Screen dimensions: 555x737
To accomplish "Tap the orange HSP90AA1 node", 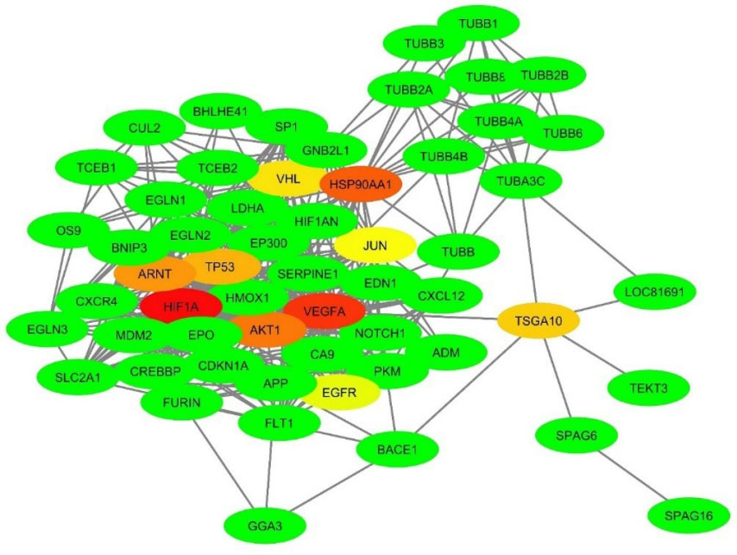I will pos(361,183).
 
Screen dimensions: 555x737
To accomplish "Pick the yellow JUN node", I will pos(375,245).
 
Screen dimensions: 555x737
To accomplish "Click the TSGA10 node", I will pos(538,320).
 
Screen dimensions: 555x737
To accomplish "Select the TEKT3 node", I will pos(650,388).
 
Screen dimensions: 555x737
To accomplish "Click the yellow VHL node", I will pos(288,179).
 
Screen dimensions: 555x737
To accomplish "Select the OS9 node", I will pos(67,230).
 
